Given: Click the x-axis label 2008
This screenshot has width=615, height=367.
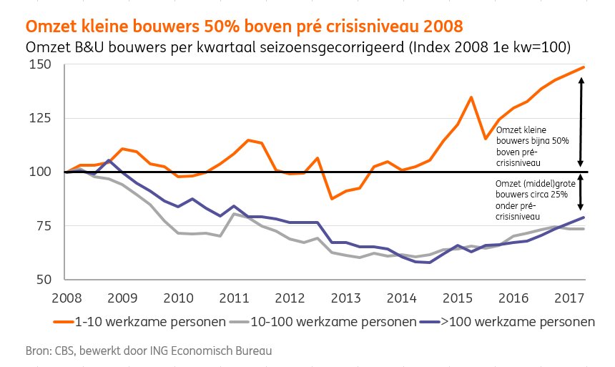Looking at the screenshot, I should click(x=66, y=297).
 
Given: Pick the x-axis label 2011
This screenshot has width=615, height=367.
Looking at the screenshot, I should click(x=235, y=297).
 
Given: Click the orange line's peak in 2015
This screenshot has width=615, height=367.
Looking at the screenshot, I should click(x=471, y=97).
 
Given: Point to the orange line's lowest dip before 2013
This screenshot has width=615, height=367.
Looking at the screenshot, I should click(x=331, y=198).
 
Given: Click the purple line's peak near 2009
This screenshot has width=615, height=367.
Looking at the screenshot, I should click(x=108, y=160).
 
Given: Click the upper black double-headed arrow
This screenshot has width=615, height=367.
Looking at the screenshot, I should click(x=581, y=122).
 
